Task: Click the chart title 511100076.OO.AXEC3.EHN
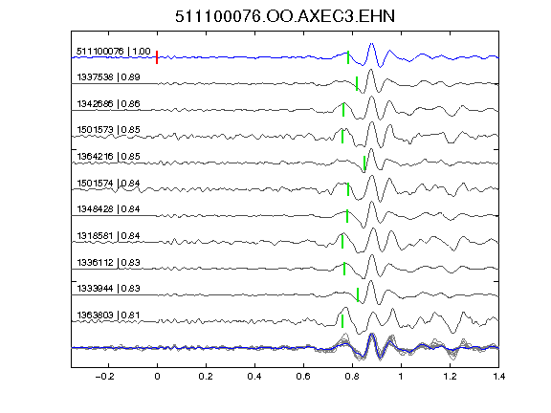285,16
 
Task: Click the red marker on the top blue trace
157,57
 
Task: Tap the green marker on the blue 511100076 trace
348,57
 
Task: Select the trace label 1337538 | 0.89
109,76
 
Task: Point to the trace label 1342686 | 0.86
109,103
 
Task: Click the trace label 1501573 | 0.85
109,130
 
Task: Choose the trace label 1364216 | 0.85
109,156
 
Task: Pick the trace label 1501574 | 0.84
109,183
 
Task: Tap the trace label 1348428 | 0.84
109,209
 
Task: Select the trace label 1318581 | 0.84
109,235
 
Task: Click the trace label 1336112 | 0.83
109,262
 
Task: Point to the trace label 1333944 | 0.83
109,289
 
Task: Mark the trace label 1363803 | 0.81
109,315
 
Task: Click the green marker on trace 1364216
364,163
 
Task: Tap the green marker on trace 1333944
358,295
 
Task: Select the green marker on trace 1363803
342,321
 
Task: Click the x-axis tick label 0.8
352,377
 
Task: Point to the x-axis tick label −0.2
104,377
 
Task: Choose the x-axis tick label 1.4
498,377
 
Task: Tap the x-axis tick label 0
157,377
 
